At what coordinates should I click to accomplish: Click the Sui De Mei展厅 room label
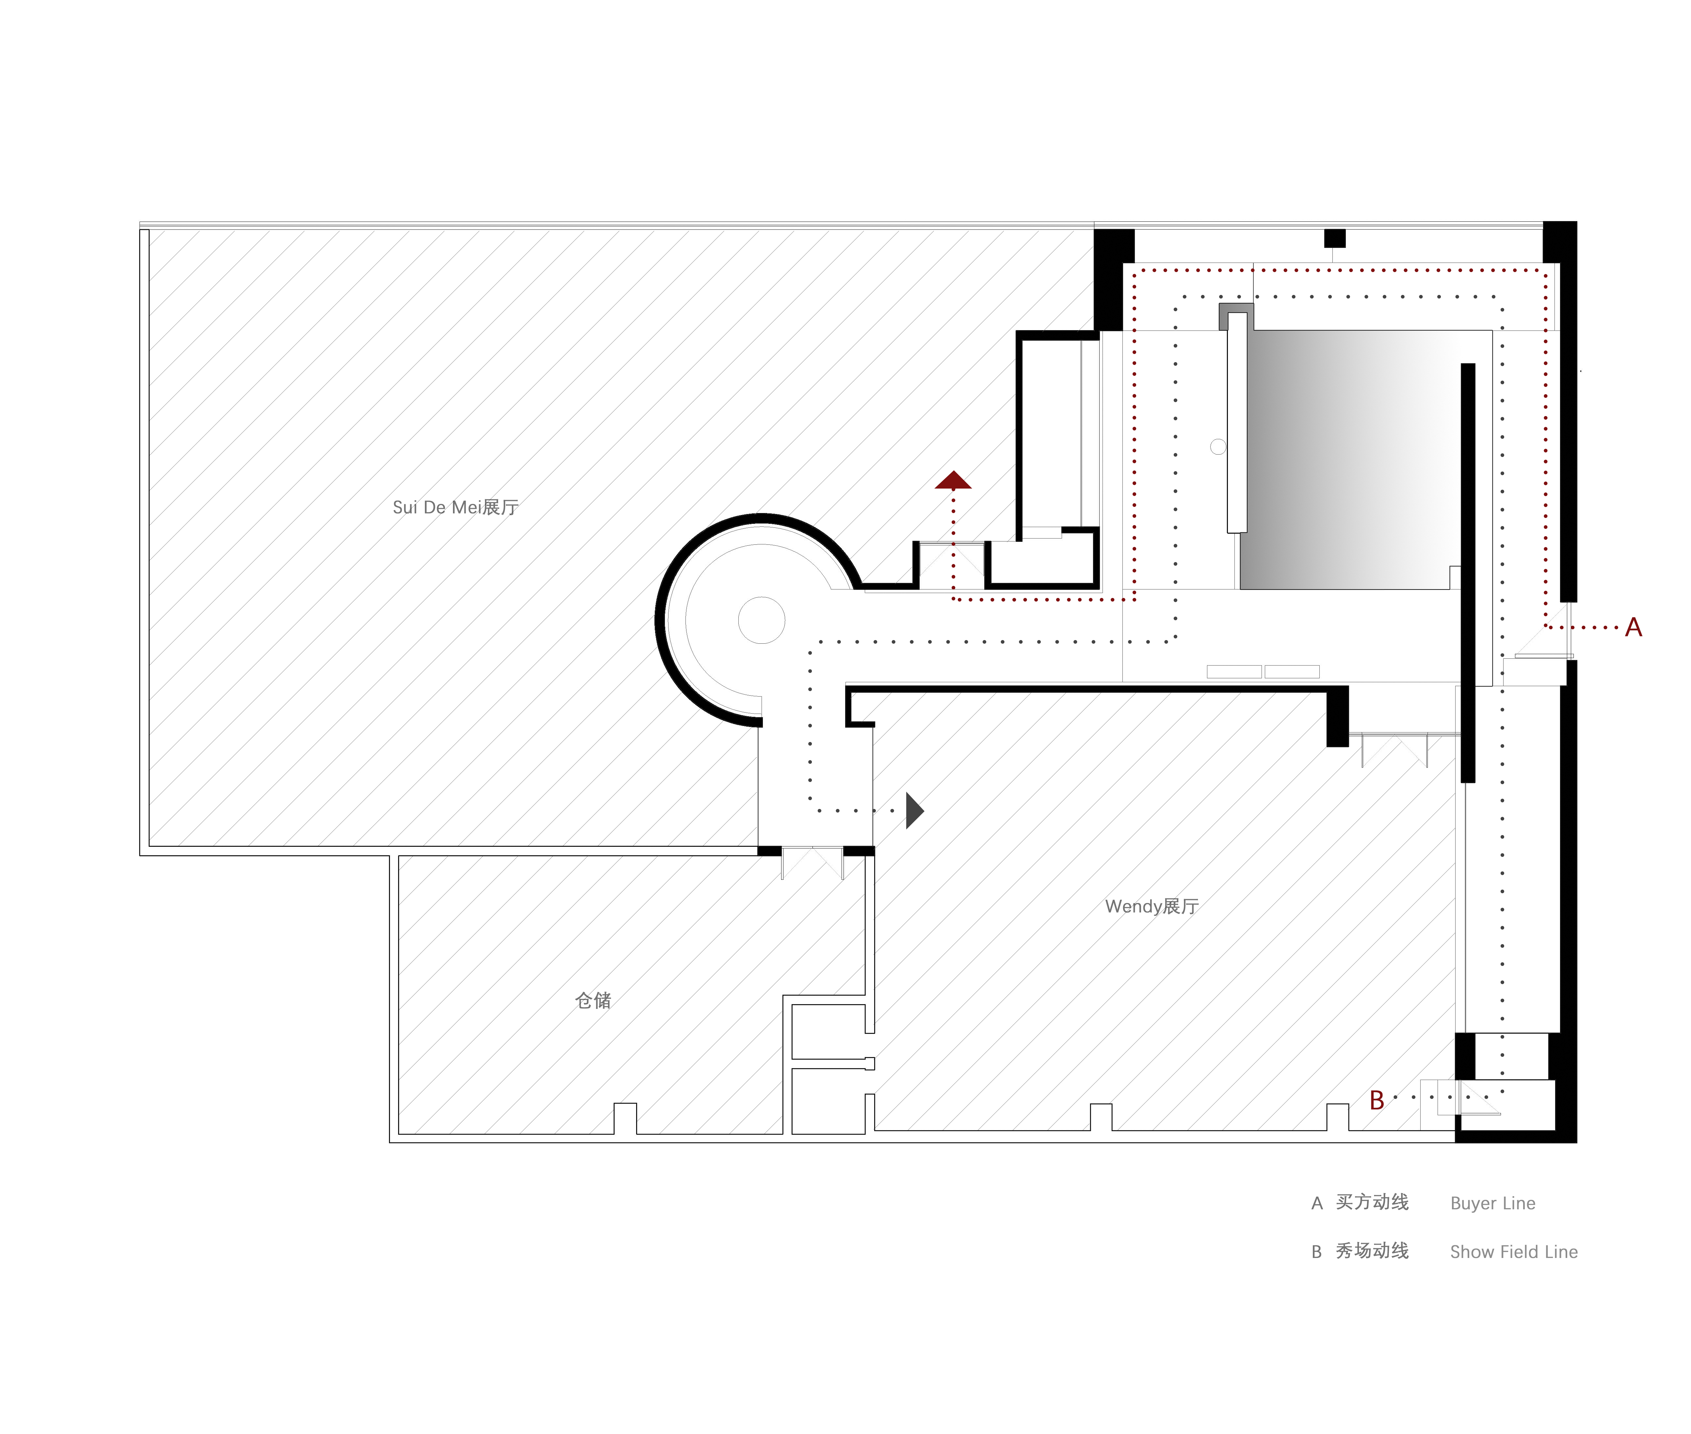pyautogui.click(x=455, y=507)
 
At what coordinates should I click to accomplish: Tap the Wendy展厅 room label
pyautogui.click(x=1152, y=906)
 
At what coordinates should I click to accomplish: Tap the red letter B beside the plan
pyautogui.click(x=1377, y=1100)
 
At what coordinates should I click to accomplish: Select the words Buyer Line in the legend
pyautogui.click(x=1493, y=1203)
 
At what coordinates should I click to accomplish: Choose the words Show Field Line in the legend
pyautogui.click(x=1514, y=1252)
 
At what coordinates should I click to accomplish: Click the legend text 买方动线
pyautogui.click(x=1372, y=1202)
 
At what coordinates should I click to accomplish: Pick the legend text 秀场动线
pyautogui.click(x=1372, y=1251)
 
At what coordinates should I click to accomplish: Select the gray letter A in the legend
pyautogui.click(x=1317, y=1203)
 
